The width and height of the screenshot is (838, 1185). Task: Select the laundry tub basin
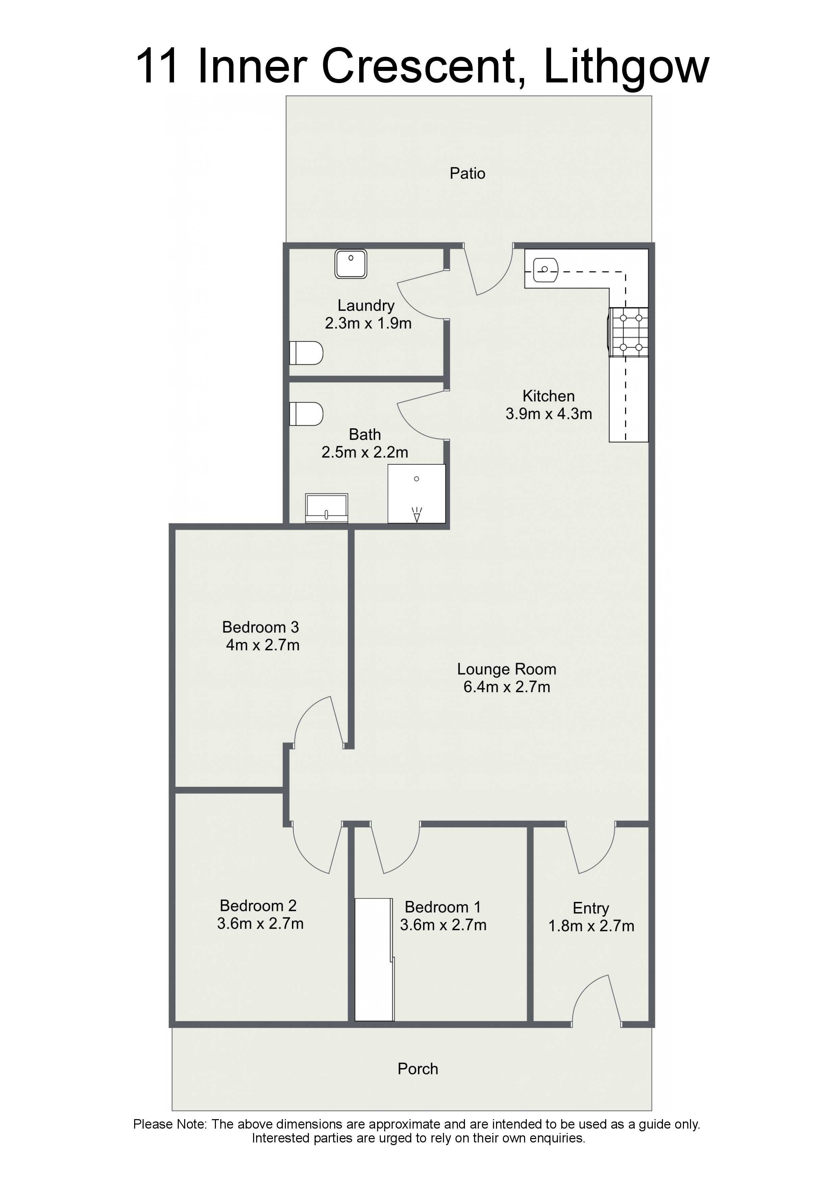(351, 264)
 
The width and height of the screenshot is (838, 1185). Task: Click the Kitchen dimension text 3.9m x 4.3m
(548, 414)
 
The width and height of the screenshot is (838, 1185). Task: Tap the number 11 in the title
(158, 66)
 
